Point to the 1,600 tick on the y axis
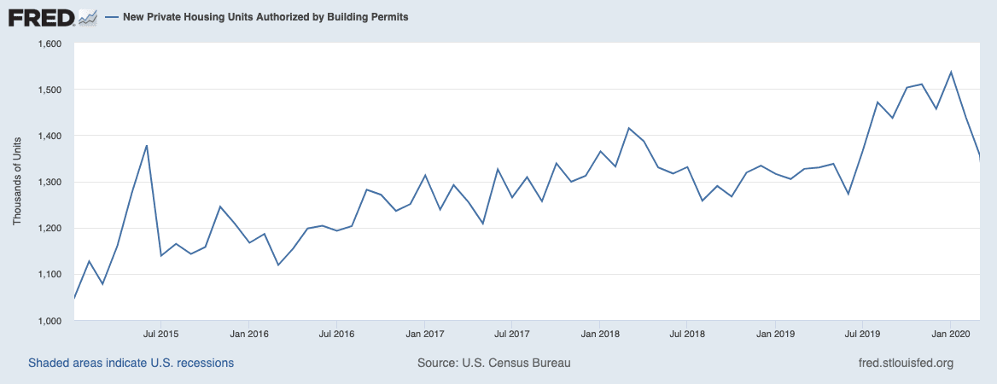point(50,44)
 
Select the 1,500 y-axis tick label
point(50,90)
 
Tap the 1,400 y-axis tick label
point(50,136)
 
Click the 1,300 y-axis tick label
point(50,182)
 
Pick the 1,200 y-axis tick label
point(50,228)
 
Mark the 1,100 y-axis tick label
point(50,274)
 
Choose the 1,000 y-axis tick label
point(50,320)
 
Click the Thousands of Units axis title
point(17,182)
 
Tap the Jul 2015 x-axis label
point(160,334)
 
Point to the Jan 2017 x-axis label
point(424,334)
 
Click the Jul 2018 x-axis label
point(687,334)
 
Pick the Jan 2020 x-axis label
point(951,334)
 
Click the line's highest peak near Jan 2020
point(951,72)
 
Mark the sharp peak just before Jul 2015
point(147,145)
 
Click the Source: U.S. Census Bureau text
point(493,363)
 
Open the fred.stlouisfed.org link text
point(905,363)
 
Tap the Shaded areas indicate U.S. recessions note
point(131,363)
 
